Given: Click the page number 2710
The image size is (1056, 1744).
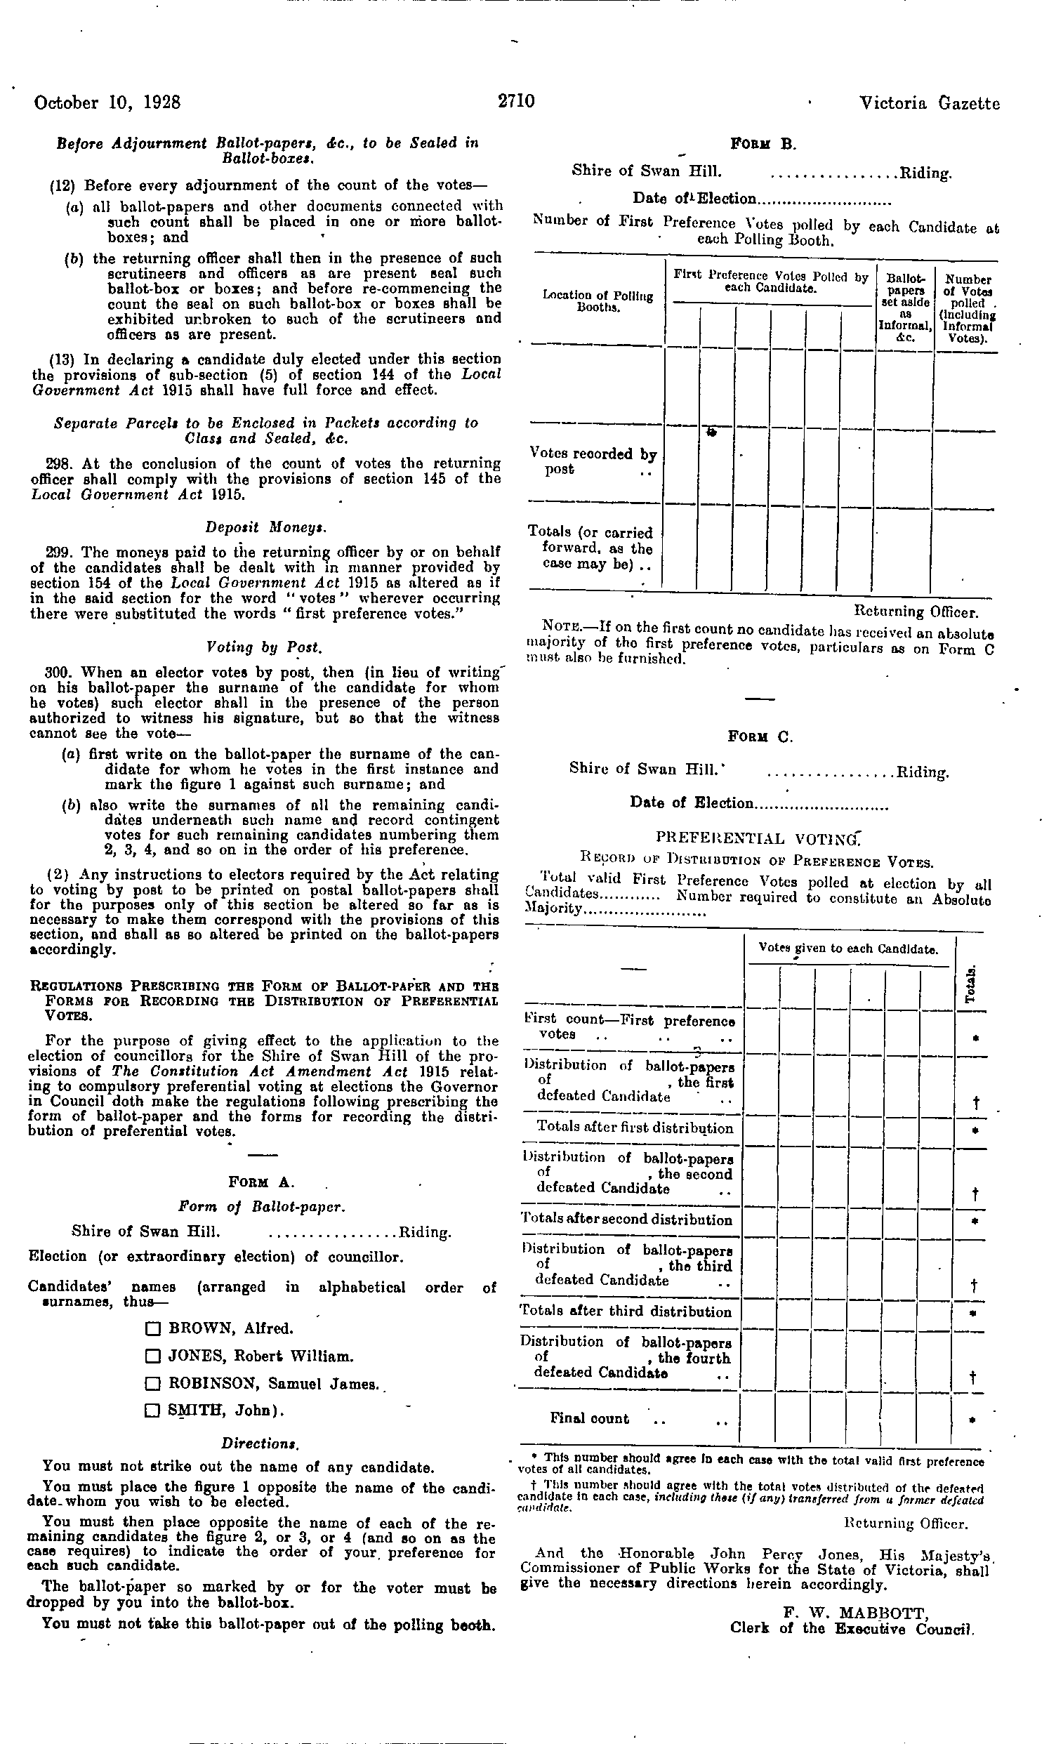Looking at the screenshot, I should click(516, 102).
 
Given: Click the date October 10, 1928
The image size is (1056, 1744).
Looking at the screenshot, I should click(107, 103).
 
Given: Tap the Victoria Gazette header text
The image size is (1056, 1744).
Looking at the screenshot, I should click(930, 104).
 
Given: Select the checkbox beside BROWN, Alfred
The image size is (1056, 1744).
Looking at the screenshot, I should click(150, 1329).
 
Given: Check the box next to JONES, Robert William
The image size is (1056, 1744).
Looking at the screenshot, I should click(150, 1357).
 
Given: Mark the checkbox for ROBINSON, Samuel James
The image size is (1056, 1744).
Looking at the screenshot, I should click(150, 1384).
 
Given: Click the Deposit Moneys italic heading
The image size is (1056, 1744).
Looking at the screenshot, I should click(265, 527).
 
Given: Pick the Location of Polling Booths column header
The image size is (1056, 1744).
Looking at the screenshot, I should click(598, 300).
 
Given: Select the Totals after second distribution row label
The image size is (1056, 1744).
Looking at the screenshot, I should click(626, 1220).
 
